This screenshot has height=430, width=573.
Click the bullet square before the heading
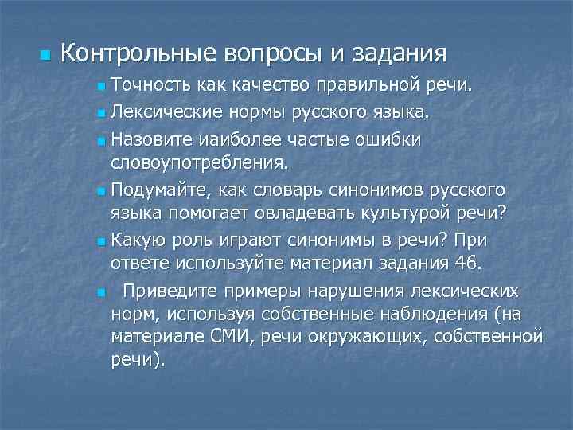pos(44,55)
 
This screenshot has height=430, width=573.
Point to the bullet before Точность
pos(99,85)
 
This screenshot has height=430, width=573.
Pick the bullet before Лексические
pos(99,114)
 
